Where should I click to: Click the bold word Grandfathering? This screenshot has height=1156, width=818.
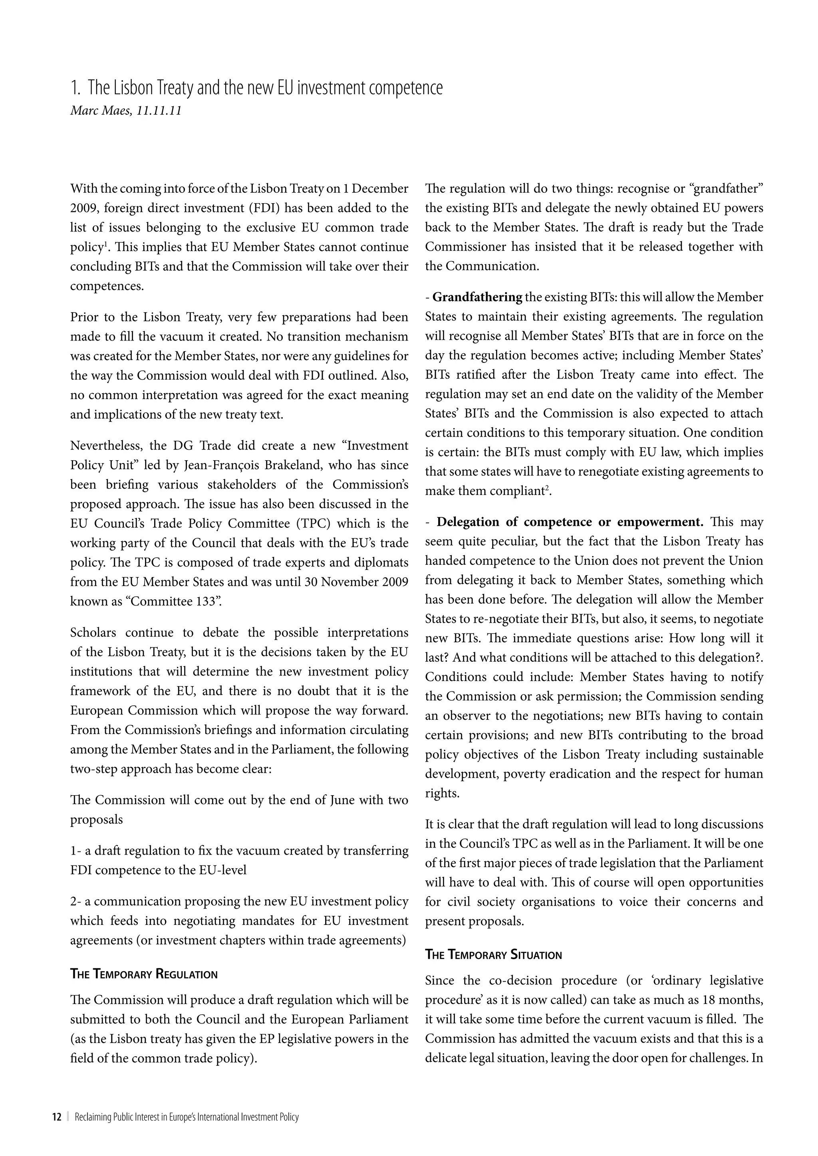click(477, 297)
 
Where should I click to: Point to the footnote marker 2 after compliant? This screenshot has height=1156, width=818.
click(548, 487)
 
